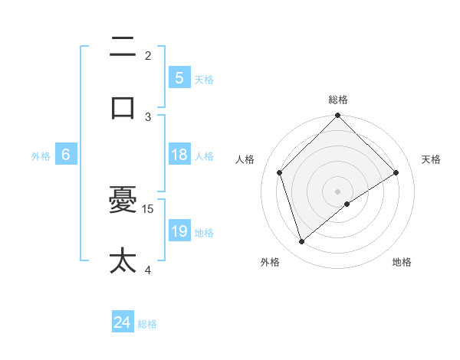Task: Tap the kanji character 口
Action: click(x=123, y=106)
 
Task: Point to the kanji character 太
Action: click(x=123, y=260)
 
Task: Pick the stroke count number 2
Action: click(x=148, y=55)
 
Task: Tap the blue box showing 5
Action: click(x=179, y=78)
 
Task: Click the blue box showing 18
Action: click(x=179, y=155)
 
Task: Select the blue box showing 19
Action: click(x=179, y=231)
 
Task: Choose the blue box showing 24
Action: click(x=122, y=323)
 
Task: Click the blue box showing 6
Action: click(x=66, y=155)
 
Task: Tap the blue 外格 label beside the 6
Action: click(x=41, y=155)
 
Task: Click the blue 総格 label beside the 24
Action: click(x=147, y=324)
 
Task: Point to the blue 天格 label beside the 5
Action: click(x=204, y=79)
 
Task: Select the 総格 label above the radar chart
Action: click(x=338, y=100)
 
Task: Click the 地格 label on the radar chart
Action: click(x=402, y=262)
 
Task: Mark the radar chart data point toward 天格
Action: click(x=396, y=172)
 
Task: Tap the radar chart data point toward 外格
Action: click(x=302, y=241)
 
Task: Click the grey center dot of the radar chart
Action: click(x=338, y=191)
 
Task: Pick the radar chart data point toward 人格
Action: click(x=280, y=172)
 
